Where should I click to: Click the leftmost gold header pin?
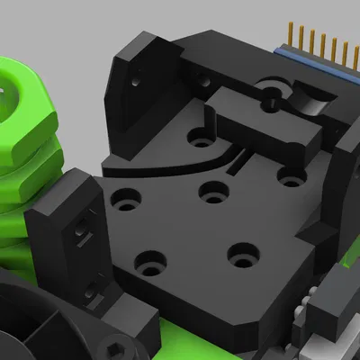coord(292,33)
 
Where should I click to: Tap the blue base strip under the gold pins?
coord(315,63)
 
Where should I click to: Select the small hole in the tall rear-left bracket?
coord(135,81)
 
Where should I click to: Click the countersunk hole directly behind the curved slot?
coord(201,139)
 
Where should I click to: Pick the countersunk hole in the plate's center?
coord(213,191)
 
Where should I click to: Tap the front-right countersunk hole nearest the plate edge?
coord(239,254)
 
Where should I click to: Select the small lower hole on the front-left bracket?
coord(94,288)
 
